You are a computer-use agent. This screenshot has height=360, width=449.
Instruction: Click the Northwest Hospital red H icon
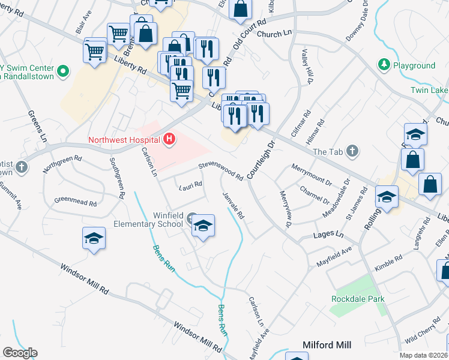pyautogui.click(x=169, y=140)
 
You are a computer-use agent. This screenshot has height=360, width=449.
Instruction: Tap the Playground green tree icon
pyautogui.click(x=383, y=64)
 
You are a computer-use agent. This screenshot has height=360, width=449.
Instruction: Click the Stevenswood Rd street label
pyautogui.click(x=221, y=170)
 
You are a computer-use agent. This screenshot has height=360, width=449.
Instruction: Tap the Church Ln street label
pyautogui.click(x=269, y=34)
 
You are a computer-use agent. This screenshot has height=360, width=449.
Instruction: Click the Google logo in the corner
pyautogui.click(x=20, y=352)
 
